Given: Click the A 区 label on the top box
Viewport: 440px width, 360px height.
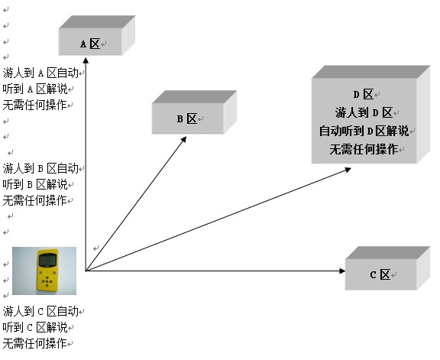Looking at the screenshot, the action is point(90,44).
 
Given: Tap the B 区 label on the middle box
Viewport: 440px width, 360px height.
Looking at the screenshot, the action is point(187,118).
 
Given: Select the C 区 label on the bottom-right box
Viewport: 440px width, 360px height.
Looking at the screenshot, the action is point(380,274).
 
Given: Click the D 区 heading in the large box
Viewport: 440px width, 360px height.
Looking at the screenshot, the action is point(364,94).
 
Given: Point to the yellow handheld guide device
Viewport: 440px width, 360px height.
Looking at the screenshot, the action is point(47,271).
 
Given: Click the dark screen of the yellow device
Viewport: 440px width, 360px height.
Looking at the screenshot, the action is point(47,260).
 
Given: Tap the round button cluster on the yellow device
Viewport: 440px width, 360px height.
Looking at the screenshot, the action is point(47,281).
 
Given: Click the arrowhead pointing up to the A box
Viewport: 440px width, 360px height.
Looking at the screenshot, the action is point(86,60).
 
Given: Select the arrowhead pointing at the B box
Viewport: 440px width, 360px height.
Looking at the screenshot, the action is point(183,139).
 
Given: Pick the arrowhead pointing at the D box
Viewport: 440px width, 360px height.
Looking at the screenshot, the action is point(348,170).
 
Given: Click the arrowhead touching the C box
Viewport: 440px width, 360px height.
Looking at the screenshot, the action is point(342,271).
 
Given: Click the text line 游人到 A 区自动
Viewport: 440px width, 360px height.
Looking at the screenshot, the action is point(40,73).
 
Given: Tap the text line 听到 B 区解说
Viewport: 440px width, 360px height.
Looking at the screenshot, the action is point(35,184).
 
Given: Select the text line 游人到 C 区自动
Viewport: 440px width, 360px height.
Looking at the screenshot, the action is point(40,311).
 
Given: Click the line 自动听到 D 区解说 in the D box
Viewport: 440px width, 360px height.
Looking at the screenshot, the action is point(364,131).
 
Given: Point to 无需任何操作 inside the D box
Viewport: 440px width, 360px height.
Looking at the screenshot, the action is point(364,149).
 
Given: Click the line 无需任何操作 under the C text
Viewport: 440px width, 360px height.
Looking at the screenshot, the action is point(35,343).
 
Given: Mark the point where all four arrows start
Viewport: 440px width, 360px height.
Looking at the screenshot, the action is point(86,271).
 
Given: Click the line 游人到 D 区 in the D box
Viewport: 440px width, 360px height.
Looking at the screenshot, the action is point(364,112).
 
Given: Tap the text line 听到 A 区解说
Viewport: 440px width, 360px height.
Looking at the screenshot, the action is point(35,89).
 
